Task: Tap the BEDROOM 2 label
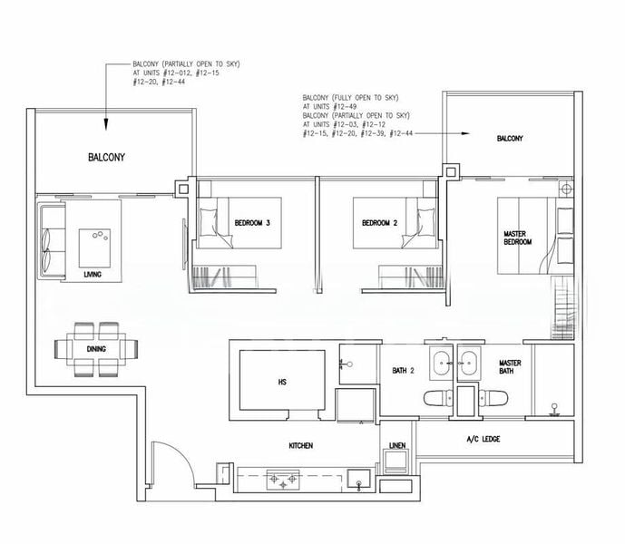pos(380,223)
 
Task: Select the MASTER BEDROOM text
pos(516,238)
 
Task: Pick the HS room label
pos(282,382)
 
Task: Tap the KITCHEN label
pos(301,445)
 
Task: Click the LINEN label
pos(397,445)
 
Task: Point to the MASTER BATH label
pos(510,368)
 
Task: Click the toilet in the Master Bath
pos(495,396)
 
